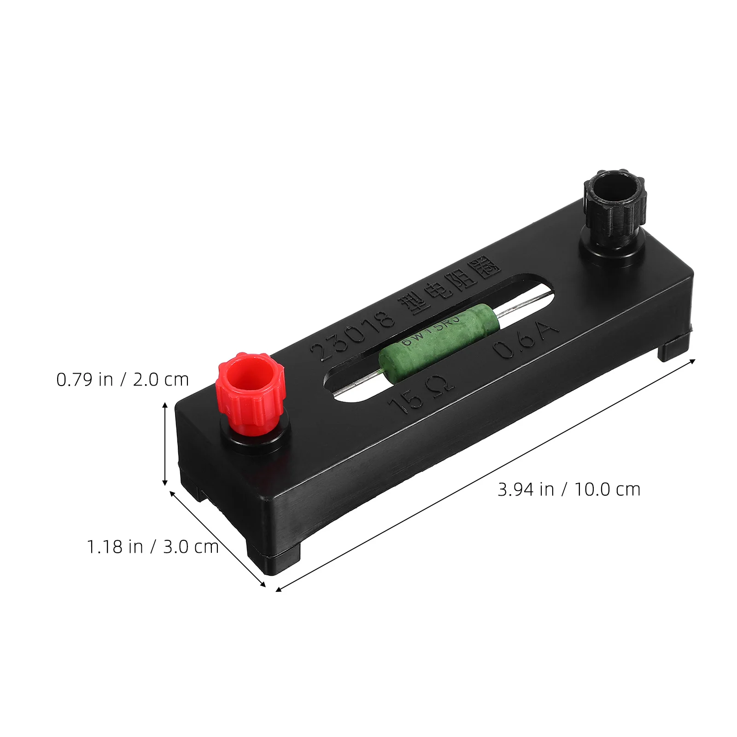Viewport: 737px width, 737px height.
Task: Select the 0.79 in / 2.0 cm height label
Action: (123, 380)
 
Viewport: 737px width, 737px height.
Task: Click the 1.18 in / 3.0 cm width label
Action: (152, 547)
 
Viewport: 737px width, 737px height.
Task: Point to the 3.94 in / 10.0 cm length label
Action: (569, 489)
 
